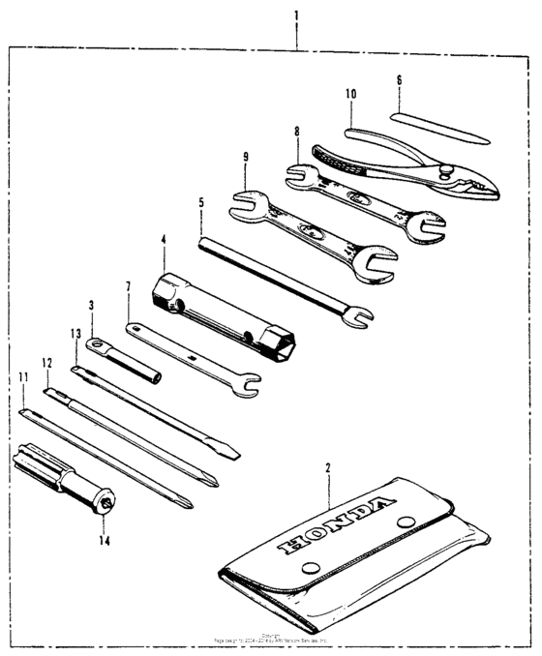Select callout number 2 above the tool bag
[x=328, y=468]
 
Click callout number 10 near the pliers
[x=350, y=94]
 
